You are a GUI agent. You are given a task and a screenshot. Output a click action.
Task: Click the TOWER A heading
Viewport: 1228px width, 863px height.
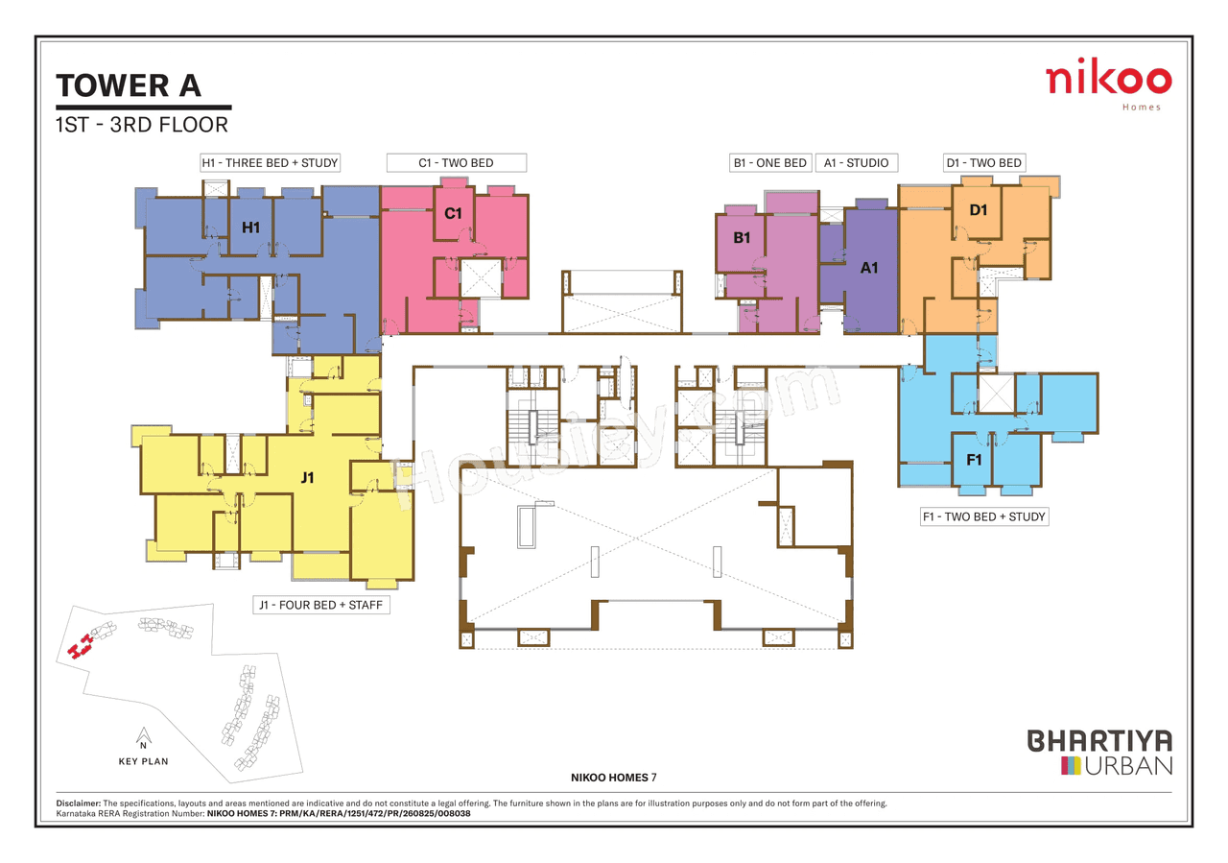pyautogui.click(x=130, y=85)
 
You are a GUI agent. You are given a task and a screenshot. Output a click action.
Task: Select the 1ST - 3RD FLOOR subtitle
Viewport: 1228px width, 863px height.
pyautogui.click(x=142, y=124)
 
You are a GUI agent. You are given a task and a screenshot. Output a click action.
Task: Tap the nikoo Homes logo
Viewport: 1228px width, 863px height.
pyautogui.click(x=1108, y=84)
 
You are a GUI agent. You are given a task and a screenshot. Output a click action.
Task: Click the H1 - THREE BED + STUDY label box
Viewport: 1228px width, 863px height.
pyautogui.click(x=270, y=162)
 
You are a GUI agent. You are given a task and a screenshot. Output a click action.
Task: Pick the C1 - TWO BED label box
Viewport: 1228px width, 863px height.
pyautogui.click(x=456, y=162)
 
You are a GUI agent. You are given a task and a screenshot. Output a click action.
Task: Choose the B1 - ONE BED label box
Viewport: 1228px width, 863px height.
pyautogui.click(x=769, y=162)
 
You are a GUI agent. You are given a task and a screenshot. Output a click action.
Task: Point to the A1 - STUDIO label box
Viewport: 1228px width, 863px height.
pyautogui.click(x=856, y=162)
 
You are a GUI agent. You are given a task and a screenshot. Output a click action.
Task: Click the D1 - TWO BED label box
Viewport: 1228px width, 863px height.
pyautogui.click(x=983, y=162)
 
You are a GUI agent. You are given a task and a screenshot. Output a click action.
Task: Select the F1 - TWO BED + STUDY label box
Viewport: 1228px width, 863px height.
pyautogui.click(x=983, y=516)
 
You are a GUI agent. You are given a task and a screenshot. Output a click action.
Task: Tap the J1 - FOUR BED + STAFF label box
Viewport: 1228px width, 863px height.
pyautogui.click(x=321, y=606)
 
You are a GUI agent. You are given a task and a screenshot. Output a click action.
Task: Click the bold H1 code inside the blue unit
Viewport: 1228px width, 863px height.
pyautogui.click(x=250, y=228)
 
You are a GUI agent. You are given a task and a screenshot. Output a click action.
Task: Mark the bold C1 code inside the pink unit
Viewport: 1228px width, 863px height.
pyautogui.click(x=453, y=213)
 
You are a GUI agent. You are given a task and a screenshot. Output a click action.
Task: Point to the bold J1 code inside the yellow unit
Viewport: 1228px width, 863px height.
pyautogui.click(x=307, y=477)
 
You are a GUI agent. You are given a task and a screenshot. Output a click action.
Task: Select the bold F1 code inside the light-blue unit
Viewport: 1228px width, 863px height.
pyautogui.click(x=974, y=461)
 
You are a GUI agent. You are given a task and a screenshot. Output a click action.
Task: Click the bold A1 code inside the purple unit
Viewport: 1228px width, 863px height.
pyautogui.click(x=869, y=268)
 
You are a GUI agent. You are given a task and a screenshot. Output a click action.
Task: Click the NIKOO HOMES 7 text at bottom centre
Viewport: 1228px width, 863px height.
pyautogui.click(x=613, y=776)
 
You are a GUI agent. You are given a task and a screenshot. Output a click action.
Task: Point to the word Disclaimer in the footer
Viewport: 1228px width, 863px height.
pyautogui.click(x=72, y=803)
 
